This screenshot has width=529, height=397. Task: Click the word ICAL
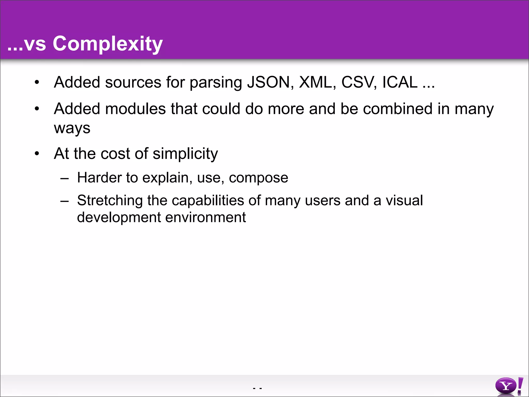(x=400, y=82)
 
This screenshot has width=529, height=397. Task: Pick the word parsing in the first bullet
(x=216, y=83)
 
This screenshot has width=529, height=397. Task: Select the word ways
(x=72, y=128)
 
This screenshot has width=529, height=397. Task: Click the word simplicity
(x=185, y=154)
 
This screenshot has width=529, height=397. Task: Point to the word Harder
(x=99, y=178)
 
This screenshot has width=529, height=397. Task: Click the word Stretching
(x=110, y=201)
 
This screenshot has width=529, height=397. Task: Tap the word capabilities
(x=208, y=201)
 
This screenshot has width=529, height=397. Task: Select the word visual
(x=404, y=200)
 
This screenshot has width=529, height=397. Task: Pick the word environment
(x=205, y=217)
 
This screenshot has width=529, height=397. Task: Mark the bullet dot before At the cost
(x=37, y=154)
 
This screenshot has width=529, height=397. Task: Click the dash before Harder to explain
(x=64, y=178)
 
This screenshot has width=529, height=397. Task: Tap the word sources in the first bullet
(x=133, y=82)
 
